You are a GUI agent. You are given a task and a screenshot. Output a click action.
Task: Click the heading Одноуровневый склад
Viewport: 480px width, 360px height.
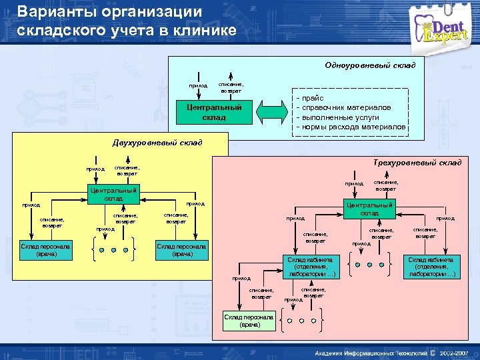[369, 65]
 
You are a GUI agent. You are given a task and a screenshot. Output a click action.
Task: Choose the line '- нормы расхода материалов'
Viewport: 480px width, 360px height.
[353, 126]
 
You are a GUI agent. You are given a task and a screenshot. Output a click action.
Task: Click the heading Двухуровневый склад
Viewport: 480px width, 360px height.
[156, 143]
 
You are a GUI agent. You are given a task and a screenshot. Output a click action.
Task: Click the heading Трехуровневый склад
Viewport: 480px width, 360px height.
[417, 163]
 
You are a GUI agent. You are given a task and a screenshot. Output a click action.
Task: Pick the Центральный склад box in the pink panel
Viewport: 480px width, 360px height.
[369, 208]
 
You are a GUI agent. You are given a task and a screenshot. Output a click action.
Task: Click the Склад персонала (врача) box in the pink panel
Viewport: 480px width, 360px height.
[249, 321]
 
